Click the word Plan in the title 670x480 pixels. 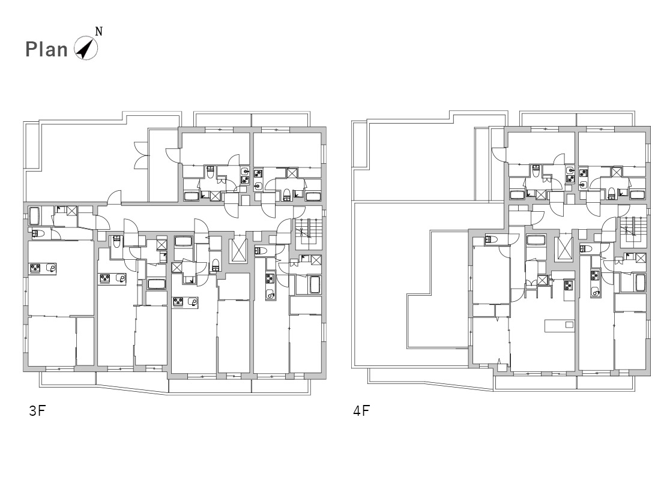(x=47, y=50)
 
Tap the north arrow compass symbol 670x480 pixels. (x=85, y=48)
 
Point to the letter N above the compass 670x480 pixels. (x=98, y=32)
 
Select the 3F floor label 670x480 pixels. (x=37, y=411)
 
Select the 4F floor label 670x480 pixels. (x=361, y=411)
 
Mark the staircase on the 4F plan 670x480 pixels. (x=632, y=231)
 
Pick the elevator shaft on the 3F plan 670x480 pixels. (x=238, y=250)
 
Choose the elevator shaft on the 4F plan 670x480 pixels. (x=564, y=248)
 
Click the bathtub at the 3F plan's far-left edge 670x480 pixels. (x=34, y=216)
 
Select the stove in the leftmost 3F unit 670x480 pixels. (x=35, y=268)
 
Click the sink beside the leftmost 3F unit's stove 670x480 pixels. (x=51, y=268)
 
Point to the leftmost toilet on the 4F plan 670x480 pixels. (x=491, y=240)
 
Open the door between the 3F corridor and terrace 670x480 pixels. (x=114, y=197)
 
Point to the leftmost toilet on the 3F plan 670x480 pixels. (x=38, y=233)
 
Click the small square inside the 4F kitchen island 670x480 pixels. (x=569, y=325)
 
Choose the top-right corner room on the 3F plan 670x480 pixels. (x=287, y=149)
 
